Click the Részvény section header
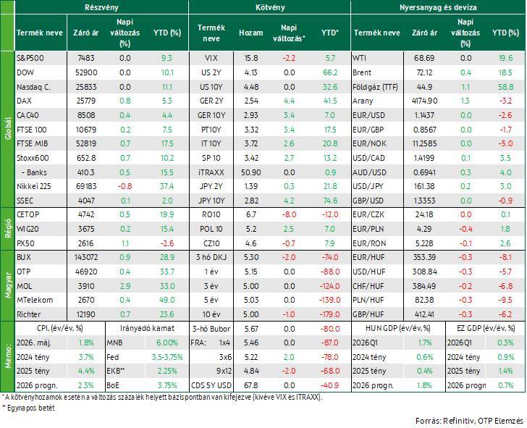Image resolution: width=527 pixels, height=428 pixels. pos(101,7)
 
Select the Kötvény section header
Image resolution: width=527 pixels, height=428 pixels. pos(270,7)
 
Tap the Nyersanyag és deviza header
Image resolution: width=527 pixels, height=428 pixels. pos(438,7)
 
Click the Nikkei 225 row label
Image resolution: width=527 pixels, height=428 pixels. pos(34,186)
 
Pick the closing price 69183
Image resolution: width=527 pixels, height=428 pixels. pos(86,186)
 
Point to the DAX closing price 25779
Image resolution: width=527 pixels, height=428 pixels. pos(86,101)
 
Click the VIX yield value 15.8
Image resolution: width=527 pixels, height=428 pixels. pos(251,58)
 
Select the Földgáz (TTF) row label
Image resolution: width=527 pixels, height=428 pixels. pos(375,87)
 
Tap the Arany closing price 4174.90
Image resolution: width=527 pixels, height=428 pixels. pos(424,101)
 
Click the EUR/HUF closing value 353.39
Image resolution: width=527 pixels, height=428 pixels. pos(424,258)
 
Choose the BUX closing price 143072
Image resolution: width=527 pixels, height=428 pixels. pos(86,258)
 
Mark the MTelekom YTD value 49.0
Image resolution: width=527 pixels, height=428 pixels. pos(167,300)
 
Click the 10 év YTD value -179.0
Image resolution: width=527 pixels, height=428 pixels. pos(329,314)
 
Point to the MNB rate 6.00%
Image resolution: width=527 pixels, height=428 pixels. pos(167,343)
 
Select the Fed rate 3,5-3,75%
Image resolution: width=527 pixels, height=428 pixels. pos(167,357)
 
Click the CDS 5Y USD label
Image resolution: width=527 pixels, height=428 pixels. pos(211,385)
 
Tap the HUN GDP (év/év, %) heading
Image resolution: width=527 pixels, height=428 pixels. pos(398,328)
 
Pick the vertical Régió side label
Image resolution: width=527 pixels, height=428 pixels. pos(8,229)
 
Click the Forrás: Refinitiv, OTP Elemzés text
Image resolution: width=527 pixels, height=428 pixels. pos(469,421)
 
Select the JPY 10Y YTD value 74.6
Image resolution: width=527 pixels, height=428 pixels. pos(330,201)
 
